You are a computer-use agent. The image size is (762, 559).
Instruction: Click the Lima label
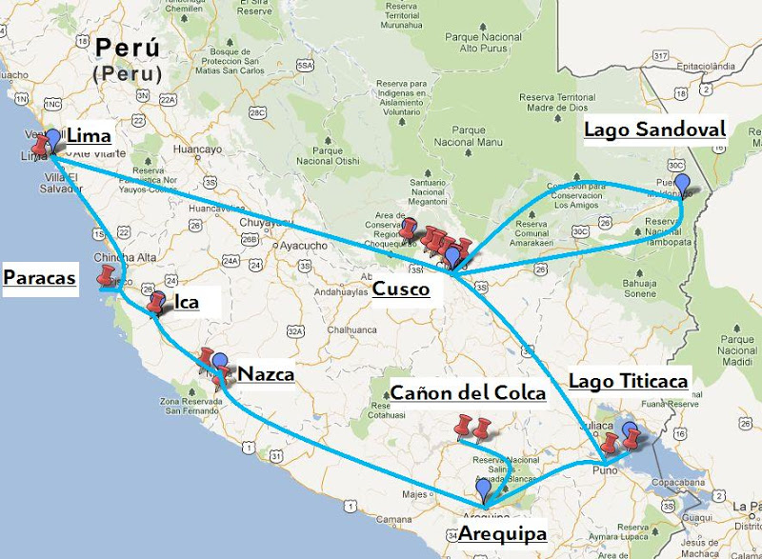[90, 136]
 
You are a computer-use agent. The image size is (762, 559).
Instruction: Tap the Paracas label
[39, 277]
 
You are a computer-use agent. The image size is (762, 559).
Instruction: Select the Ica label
[186, 303]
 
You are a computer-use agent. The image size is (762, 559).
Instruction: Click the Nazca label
[265, 373]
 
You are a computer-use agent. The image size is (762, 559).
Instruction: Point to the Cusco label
[400, 289]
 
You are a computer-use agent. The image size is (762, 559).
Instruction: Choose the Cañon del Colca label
[468, 392]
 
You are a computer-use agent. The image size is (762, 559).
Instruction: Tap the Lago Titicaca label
[628, 381]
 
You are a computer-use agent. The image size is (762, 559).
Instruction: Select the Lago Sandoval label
[654, 130]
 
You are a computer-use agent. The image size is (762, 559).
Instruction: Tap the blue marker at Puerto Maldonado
[681, 184]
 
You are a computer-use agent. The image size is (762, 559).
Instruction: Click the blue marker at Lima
[54, 140]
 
